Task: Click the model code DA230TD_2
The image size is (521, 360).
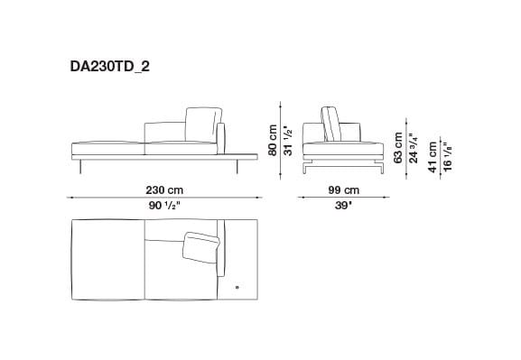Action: [110, 65]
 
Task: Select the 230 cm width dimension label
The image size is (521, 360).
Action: [165, 190]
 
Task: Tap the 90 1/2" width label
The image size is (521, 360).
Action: [165, 206]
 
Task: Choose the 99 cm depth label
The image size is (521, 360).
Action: [343, 190]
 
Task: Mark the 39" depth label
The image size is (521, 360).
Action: [343, 206]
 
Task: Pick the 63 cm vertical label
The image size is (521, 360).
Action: [398, 144]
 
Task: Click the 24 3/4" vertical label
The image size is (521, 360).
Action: [413, 144]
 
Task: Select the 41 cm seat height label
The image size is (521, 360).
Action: [433, 155]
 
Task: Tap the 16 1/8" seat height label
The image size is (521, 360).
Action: [449, 155]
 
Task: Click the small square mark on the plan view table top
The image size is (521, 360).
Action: [237, 287]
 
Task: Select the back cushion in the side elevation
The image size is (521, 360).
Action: [330, 125]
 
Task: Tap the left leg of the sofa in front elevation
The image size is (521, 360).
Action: [80, 166]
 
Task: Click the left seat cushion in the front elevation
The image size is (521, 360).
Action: [107, 147]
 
